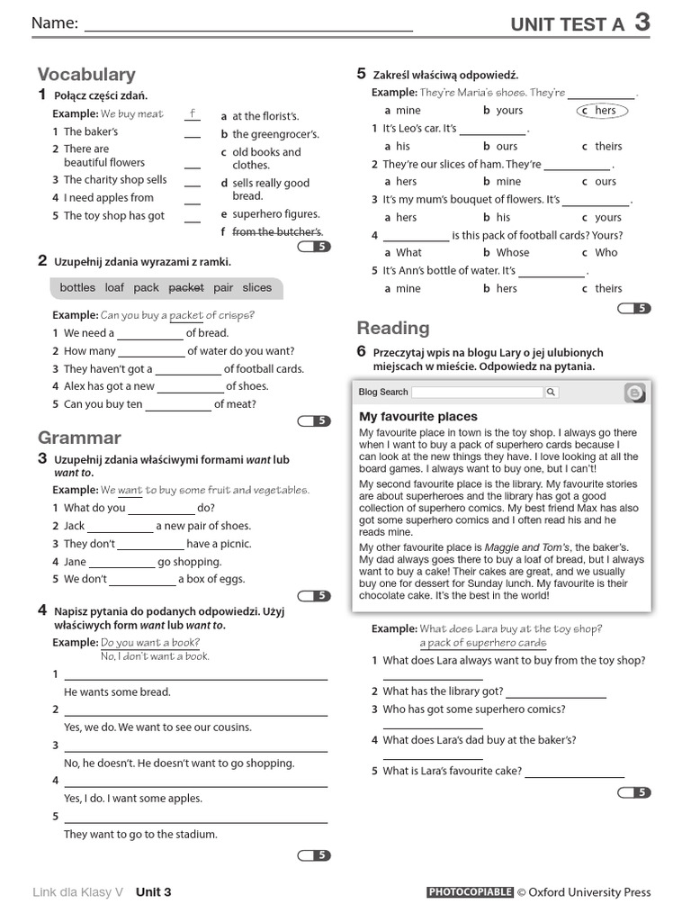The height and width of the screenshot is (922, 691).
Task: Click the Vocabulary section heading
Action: pos(86,75)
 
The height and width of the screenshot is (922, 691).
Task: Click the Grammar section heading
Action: pos(79,438)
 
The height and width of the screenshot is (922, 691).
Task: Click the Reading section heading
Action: pos(393,328)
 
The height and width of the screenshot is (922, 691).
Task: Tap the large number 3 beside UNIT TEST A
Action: pos(642,23)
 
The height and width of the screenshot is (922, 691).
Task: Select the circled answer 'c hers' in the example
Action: pos(602,111)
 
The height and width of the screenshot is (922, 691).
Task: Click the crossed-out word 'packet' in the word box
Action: pos(186,288)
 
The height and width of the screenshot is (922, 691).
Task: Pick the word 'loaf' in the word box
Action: pos(114,288)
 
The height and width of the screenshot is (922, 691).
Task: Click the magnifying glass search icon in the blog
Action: pos(552,393)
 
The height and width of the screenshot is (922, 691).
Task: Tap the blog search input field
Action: pos(478,393)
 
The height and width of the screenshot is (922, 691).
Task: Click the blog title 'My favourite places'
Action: pos(418,417)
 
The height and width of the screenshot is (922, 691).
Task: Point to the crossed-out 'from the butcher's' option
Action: pos(272,232)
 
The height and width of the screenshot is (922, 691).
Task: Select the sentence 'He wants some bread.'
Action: pos(117,692)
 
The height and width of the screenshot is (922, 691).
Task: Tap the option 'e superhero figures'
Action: pos(270,214)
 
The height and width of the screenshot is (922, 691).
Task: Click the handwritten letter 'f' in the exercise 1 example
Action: pos(192,113)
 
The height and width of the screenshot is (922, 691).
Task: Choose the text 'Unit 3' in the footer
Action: pos(154,892)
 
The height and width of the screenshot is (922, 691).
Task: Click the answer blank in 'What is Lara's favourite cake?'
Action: pos(574,773)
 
